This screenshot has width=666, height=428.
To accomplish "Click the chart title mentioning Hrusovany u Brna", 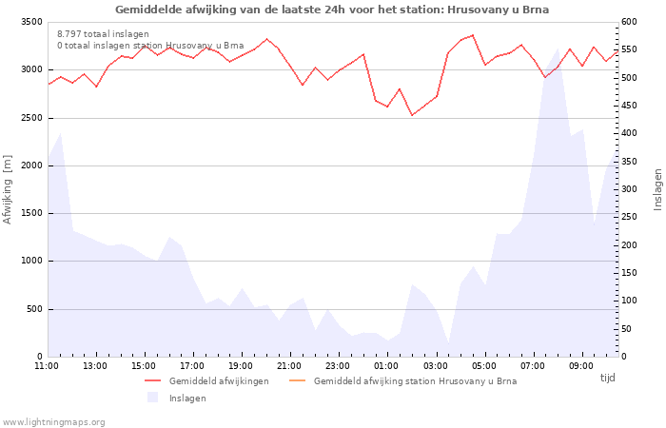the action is pos(332,10).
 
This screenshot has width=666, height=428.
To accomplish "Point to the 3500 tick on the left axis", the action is pos(31,22).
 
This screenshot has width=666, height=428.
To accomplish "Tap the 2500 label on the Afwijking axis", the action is pos(31,118).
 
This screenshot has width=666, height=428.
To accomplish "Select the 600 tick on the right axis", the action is pos(629,22).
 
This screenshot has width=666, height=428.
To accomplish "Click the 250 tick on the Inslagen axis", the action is pos(629,217).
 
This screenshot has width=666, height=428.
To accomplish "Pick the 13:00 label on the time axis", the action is pos(95,366).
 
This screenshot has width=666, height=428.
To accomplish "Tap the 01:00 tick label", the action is pos(386,366).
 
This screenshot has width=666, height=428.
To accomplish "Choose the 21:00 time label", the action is pos(289,366).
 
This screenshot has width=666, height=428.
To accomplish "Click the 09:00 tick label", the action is pos(580,366).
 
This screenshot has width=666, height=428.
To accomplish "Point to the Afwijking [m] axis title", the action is pos(8,189).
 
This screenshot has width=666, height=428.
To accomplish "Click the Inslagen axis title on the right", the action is pos(657,189).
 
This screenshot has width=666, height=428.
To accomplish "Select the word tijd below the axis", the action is pos(607,378).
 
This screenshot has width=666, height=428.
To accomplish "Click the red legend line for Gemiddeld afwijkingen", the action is pos(153,380).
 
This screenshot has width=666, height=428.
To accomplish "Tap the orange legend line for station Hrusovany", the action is pos(297,380).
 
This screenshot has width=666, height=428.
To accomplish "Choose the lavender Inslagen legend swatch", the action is pos(153,398).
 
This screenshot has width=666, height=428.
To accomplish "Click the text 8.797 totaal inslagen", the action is pos(103,34).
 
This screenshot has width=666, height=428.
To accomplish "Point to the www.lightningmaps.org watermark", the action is pos(53,422).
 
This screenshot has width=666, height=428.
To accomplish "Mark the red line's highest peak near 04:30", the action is pos(473,35).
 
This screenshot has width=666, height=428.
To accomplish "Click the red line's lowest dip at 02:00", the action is pos(412,115).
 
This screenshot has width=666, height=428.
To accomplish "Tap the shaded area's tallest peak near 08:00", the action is pos(558,49).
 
